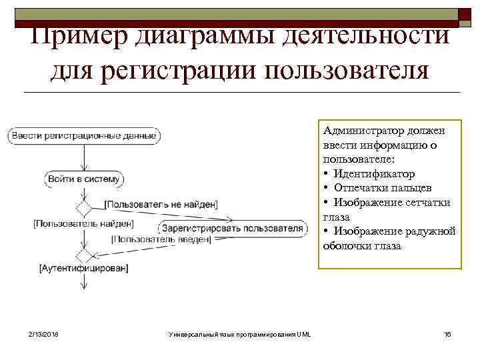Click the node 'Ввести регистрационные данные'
coord(84,136)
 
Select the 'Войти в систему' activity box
coord(84,179)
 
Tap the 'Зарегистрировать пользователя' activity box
coord(233,228)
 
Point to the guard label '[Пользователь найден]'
coord(83,223)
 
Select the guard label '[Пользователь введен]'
coord(161,239)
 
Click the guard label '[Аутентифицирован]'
coord(84,268)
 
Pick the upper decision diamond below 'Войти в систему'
coord(84,208)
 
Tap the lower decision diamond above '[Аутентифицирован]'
coord(84,255)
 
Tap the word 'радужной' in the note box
coord(428,231)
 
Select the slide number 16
coord(447,333)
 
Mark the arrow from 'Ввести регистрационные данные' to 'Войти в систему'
coord(84,157)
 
